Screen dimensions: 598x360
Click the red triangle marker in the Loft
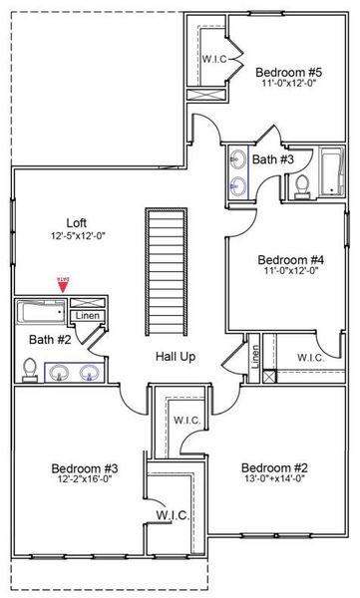63,287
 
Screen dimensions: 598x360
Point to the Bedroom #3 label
85,468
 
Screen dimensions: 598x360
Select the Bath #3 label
272,159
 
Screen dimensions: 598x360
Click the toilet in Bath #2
27,372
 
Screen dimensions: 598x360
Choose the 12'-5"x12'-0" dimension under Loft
79,236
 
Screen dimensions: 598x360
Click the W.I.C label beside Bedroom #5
215,59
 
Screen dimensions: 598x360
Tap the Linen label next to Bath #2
87,316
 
